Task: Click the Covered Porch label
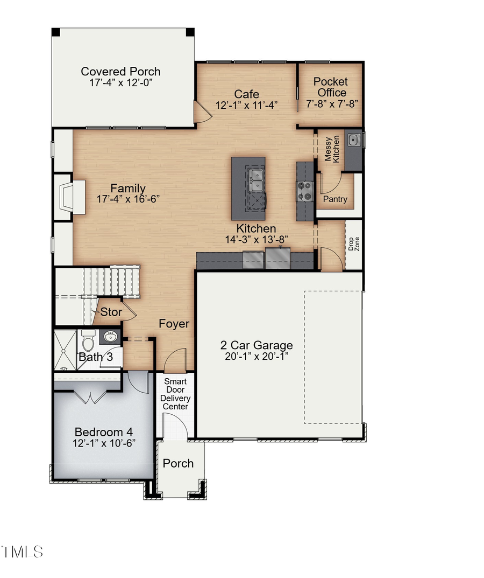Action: [120, 72]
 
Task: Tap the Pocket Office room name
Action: [330, 87]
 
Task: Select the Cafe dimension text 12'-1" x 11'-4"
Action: [246, 106]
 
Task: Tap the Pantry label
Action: [335, 199]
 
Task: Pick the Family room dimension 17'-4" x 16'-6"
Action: [128, 199]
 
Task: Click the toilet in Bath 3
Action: [88, 342]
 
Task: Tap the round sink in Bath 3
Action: [111, 338]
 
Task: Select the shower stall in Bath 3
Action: [64, 350]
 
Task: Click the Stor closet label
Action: [111, 312]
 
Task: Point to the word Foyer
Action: [174, 324]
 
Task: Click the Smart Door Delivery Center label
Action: [176, 394]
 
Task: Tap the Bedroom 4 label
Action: [104, 432]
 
